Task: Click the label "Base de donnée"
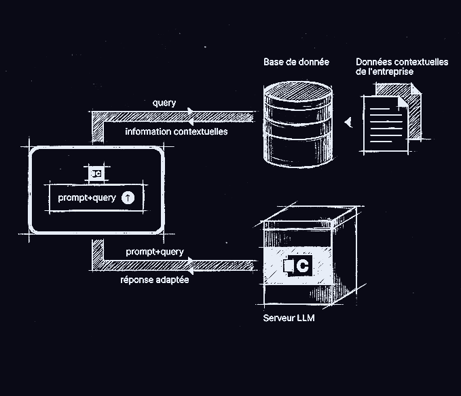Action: click(x=296, y=62)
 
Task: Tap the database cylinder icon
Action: click(x=298, y=123)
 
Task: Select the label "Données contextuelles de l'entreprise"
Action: click(x=401, y=66)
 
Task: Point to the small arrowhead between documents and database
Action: click(x=348, y=122)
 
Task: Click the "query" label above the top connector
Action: click(x=164, y=103)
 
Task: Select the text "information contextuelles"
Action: click(x=176, y=131)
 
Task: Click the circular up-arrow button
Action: click(x=128, y=197)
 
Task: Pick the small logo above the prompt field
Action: click(x=96, y=173)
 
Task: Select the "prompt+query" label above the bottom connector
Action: click(x=155, y=252)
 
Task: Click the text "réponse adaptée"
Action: click(x=155, y=280)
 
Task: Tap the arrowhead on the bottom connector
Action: click(x=191, y=263)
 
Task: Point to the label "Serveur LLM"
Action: click(x=289, y=318)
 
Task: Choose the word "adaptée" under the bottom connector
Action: click(x=172, y=280)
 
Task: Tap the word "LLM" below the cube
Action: click(x=305, y=318)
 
